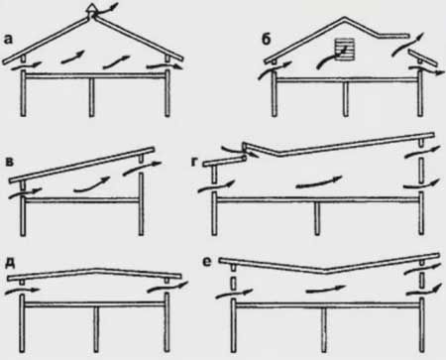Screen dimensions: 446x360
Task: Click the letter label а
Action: pos(8,40)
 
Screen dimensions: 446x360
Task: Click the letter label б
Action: pos(267,39)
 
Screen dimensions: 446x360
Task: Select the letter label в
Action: pos(11,162)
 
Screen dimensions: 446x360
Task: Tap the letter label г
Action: pos(196,163)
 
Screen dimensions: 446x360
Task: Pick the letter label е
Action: pos(207,262)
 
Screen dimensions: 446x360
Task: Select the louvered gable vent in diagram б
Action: pos(345,50)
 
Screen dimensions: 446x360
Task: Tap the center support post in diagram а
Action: pos(91,97)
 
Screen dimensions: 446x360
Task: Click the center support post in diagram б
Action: pos(346,99)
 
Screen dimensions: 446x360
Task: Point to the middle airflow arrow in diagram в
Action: pos(92,184)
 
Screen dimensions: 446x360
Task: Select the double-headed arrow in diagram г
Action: pos(318,182)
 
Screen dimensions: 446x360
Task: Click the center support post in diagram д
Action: pos(96,329)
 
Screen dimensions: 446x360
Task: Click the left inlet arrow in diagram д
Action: pos(23,292)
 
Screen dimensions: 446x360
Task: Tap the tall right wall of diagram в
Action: pos(141,203)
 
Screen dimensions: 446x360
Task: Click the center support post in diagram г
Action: pos(317,218)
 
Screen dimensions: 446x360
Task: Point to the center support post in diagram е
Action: pos(325,330)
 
